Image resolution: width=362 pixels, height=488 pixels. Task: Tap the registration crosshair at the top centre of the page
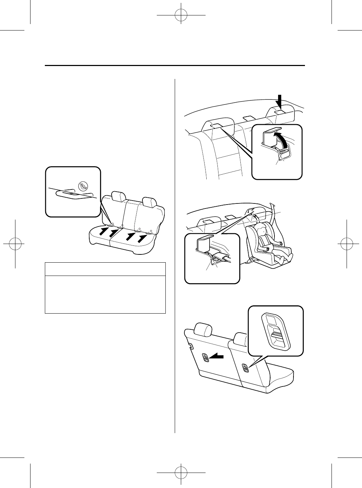(181, 15)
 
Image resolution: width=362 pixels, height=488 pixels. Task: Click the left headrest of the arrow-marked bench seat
(118, 196)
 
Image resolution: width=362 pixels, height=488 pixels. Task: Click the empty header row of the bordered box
(105, 269)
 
